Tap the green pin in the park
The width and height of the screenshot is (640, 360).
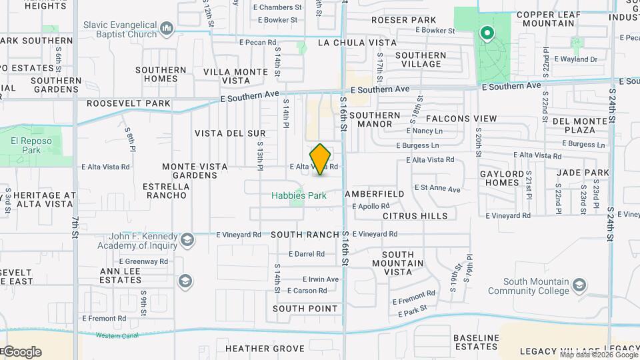(x=487, y=33)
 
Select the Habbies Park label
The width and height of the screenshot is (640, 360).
(x=299, y=196)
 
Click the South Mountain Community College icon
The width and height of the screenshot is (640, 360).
(x=579, y=286)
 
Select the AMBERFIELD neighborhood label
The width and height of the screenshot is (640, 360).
(x=375, y=194)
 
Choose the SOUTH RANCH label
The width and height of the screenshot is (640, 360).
(x=305, y=235)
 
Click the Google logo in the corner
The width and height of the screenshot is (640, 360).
(x=21, y=351)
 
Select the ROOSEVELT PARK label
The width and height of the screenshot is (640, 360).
(x=129, y=104)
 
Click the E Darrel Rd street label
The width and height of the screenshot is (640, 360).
(x=306, y=254)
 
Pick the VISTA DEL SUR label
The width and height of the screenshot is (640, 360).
(x=230, y=133)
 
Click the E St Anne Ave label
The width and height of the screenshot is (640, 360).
(x=437, y=189)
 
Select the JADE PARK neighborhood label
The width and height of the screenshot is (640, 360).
(x=583, y=173)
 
